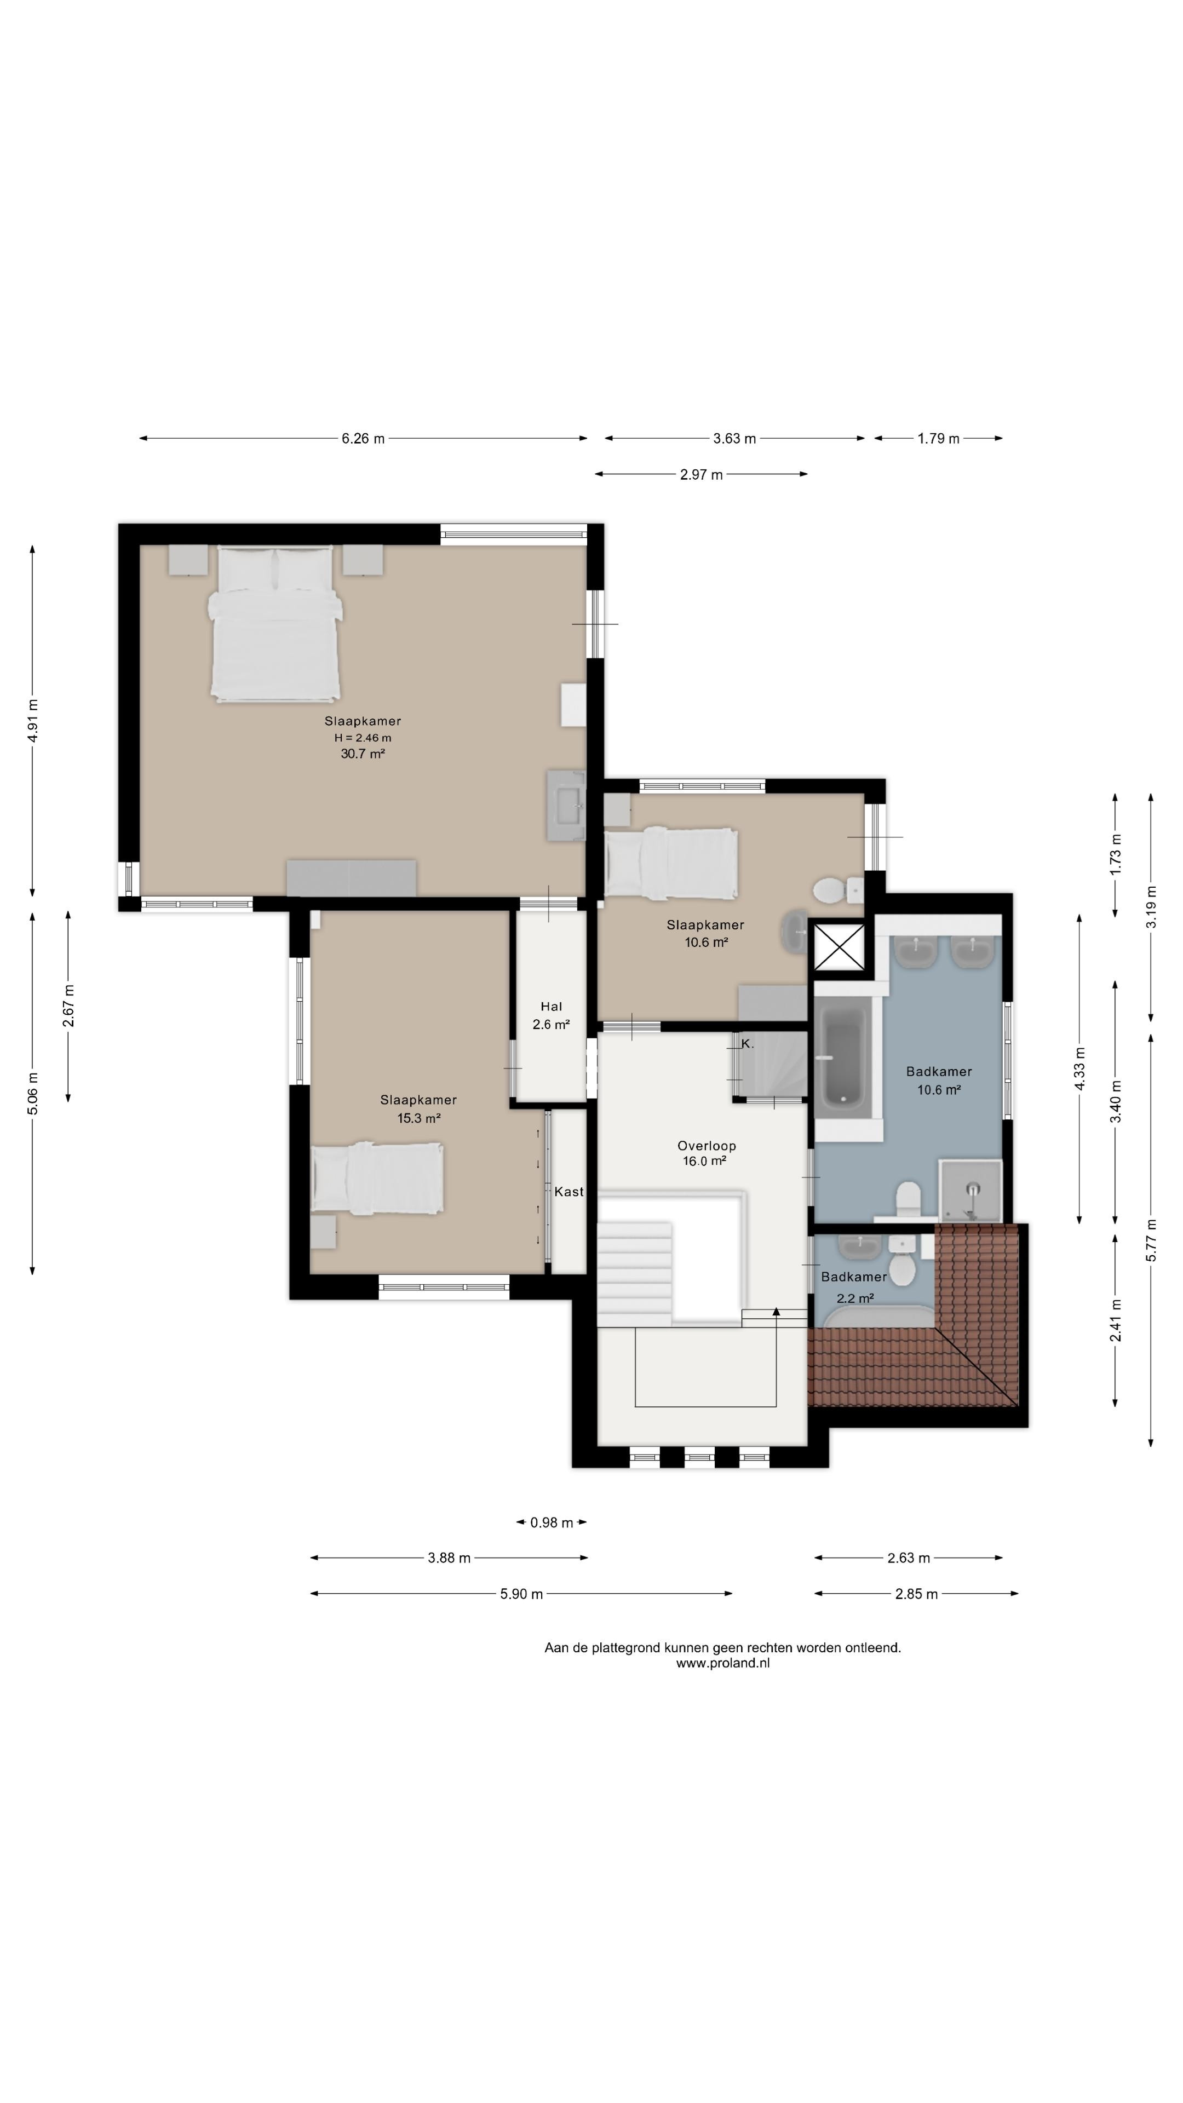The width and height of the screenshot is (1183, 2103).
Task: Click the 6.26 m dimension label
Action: point(363,438)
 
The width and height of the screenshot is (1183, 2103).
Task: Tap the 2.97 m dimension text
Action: point(701,474)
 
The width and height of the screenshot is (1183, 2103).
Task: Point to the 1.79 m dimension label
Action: point(938,438)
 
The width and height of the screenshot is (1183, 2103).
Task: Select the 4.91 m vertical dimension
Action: point(33,721)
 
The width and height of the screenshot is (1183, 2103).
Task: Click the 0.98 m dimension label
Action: point(551,1522)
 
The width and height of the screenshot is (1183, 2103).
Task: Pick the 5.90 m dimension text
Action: point(521,1593)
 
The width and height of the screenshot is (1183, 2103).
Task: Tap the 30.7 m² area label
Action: point(363,754)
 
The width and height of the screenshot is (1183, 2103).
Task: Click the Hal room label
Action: point(551,1007)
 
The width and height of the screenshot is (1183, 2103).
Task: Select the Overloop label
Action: point(706,1145)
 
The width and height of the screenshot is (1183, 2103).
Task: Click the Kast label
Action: point(569,1192)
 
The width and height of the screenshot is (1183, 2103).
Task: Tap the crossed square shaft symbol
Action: point(840,947)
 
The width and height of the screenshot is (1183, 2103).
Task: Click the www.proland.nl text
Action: point(722,1663)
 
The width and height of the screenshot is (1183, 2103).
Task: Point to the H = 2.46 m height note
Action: point(363,737)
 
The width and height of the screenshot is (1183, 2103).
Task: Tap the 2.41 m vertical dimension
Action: point(1115,1320)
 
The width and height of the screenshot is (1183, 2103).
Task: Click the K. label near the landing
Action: point(747,1043)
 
